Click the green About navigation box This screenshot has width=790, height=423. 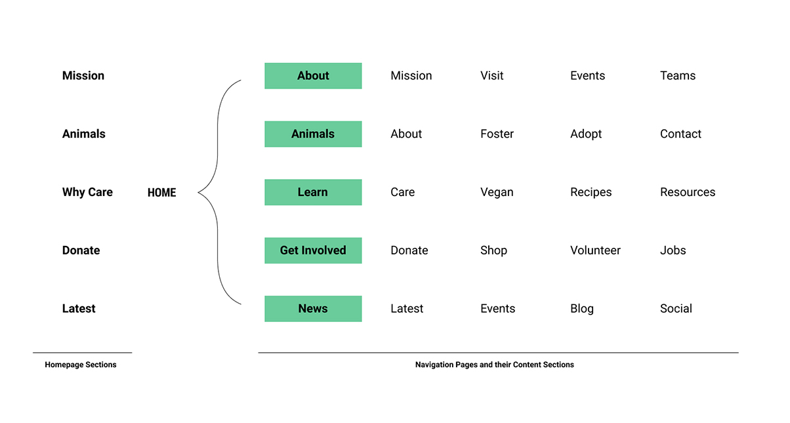313,76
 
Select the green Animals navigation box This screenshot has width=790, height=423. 313,134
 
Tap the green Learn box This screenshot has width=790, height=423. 313,192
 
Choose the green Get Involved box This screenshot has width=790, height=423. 313,251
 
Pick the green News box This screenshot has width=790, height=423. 313,308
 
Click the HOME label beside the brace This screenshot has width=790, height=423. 162,192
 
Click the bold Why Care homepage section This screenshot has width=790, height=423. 87,192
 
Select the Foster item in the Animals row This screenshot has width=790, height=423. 497,134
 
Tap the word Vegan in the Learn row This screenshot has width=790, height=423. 497,192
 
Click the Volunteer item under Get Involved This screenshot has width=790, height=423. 595,251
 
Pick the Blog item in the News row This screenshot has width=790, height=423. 582,309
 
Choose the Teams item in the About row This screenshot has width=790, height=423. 678,76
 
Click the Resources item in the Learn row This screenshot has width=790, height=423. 688,192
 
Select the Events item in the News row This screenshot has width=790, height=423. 497,308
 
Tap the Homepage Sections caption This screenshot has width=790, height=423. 81,365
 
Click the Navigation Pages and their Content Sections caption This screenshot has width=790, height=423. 495,365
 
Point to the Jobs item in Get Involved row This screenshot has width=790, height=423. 673,251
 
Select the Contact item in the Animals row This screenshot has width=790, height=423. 680,134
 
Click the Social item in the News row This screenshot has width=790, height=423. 676,308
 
